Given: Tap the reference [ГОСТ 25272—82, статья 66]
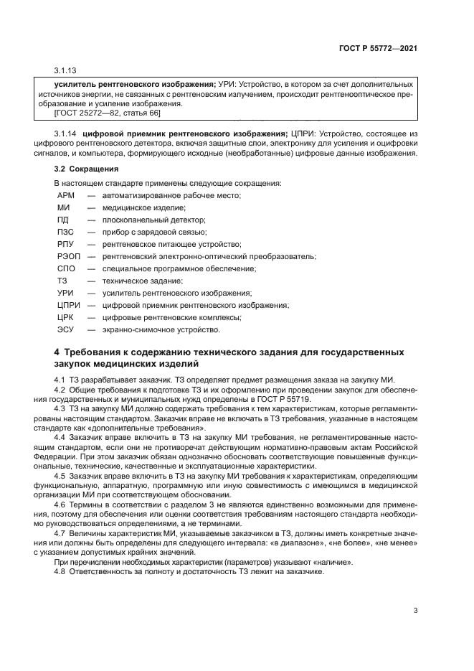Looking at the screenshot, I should (107, 113).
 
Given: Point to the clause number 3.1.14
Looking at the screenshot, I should (66, 134).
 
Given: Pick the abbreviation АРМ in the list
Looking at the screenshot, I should (66, 195).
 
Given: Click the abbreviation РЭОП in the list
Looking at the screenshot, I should (67, 256).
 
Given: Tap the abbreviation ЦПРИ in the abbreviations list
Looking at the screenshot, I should (69, 305).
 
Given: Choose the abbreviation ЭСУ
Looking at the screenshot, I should (65, 329).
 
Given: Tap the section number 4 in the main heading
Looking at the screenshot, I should (57, 352).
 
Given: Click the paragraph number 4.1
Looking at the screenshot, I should (60, 380).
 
